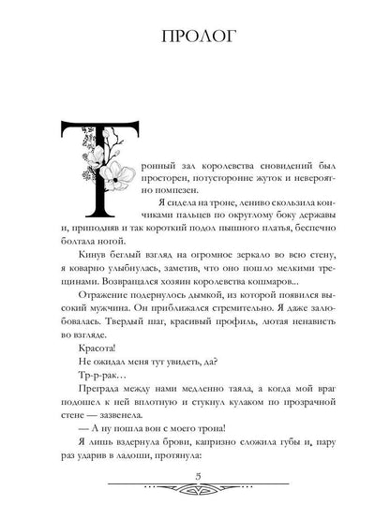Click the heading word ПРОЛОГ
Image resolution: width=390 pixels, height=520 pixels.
(195, 37)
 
